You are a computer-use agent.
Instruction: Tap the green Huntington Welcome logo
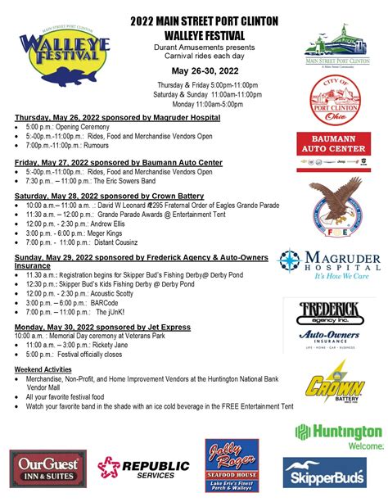click(x=338, y=436)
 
